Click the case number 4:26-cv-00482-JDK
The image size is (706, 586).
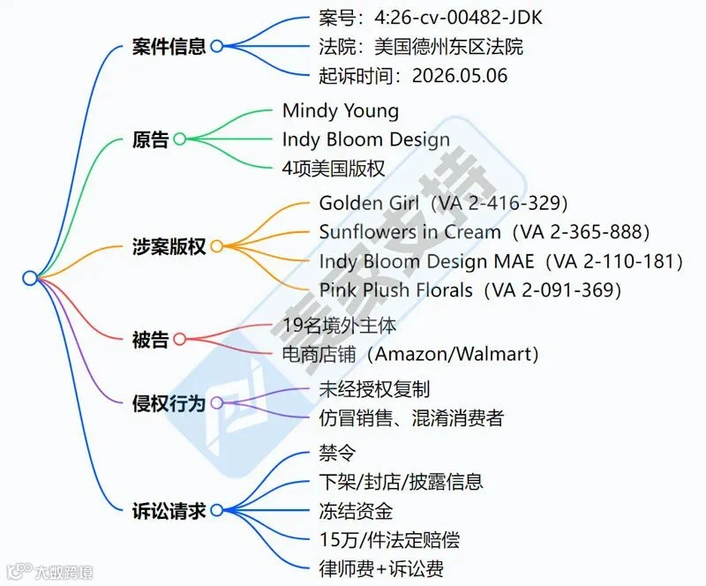(x=458, y=18)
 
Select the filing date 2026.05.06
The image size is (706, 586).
(x=460, y=75)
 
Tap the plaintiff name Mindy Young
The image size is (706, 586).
(x=341, y=111)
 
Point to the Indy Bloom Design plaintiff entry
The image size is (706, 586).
(x=366, y=139)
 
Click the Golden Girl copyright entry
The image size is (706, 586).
(x=443, y=203)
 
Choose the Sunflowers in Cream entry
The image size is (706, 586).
(x=484, y=232)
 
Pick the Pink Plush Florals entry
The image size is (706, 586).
(x=470, y=290)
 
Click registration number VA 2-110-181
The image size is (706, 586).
(x=614, y=261)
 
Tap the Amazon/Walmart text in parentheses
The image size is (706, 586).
(x=456, y=354)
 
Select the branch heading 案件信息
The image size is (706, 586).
(x=169, y=47)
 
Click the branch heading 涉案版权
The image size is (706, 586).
(x=169, y=246)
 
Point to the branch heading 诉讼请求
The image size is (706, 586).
(x=169, y=511)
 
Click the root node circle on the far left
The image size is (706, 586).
(x=30, y=278)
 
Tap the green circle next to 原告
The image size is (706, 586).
(x=180, y=139)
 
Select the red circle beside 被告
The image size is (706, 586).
(x=180, y=339)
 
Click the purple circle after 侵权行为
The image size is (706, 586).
(x=217, y=402)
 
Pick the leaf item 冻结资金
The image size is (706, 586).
(x=356, y=511)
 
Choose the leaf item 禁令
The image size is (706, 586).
(x=337, y=453)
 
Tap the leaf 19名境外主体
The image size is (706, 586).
(x=339, y=325)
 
